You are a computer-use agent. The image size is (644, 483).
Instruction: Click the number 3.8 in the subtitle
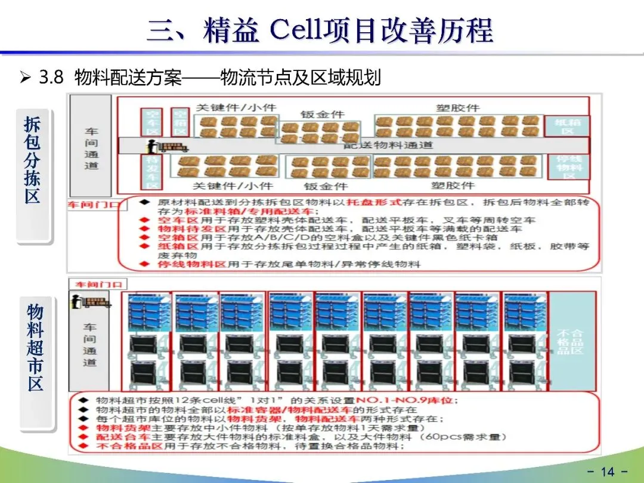pyautogui.click(x=50, y=78)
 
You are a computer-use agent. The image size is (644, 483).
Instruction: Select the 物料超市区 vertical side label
pyautogui.click(x=35, y=347)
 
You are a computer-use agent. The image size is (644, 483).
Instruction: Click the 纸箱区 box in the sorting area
pyautogui.click(x=566, y=126)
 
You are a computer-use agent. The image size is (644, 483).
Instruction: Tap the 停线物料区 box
pyautogui.click(x=568, y=167)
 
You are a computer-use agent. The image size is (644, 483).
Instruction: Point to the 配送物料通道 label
pyautogui.click(x=388, y=145)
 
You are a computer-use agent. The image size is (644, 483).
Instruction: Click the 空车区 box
pyautogui.click(x=151, y=122)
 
